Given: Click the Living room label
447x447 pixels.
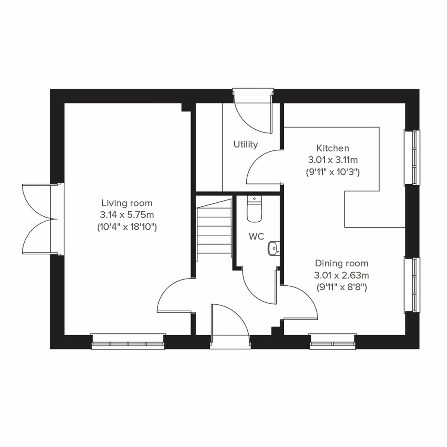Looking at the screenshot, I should click(x=127, y=203).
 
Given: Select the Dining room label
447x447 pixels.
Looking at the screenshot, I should click(x=342, y=263).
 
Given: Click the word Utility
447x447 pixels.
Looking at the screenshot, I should click(x=245, y=144).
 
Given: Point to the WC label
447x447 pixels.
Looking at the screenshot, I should click(x=256, y=236).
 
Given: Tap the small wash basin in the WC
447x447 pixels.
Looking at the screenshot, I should click(x=273, y=248).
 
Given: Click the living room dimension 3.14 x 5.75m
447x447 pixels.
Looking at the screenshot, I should click(x=127, y=215).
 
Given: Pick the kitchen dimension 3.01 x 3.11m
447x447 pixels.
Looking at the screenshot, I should click(x=333, y=160).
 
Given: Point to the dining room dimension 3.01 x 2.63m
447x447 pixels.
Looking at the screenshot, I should click(x=342, y=276).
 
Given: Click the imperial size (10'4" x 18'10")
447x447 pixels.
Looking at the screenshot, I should click(x=127, y=227).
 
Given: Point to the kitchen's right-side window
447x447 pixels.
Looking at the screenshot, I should click(x=412, y=157).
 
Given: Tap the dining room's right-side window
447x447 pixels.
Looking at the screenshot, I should click(x=412, y=285).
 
